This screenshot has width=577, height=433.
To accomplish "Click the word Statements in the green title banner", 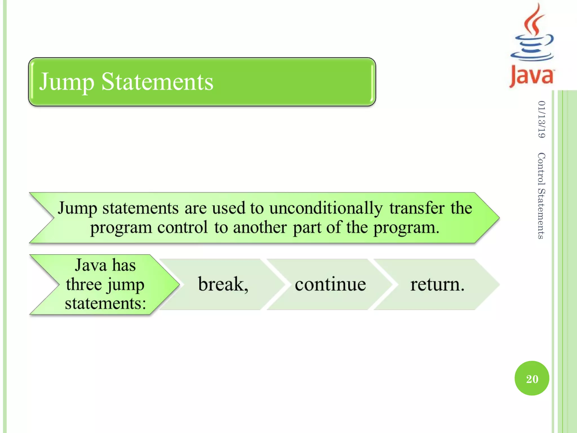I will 157,82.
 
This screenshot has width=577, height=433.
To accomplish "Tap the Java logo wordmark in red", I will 531,76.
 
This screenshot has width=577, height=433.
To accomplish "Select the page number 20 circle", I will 532,378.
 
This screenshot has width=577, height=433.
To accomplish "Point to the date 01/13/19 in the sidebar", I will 541,120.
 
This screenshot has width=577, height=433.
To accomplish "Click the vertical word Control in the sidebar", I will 541,169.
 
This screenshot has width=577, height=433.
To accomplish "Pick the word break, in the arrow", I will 223,284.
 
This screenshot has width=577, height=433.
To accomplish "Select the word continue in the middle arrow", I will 330,284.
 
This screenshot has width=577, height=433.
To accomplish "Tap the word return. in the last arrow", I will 437,284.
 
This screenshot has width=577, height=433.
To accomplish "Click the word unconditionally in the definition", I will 326,208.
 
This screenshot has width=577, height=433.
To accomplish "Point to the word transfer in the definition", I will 417,208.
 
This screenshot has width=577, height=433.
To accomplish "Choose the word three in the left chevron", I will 84,284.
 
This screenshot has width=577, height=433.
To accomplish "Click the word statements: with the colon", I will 105,303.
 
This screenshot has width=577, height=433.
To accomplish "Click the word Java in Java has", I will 91,265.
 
